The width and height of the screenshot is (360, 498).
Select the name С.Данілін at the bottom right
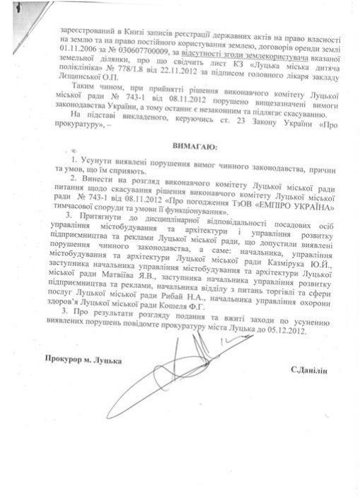tap(308, 370)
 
